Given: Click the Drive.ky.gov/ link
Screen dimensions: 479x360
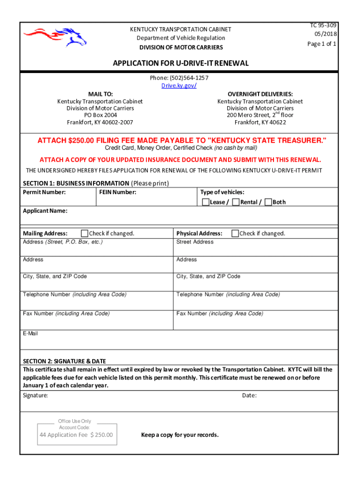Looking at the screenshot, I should coord(179,86).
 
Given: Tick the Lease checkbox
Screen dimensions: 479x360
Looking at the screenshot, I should coord(206,202).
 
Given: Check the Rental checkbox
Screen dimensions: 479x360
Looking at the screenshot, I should coord(236,202).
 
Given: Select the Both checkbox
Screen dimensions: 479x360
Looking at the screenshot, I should coord(268,202).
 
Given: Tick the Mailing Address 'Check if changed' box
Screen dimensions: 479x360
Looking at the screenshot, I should coord(85,233).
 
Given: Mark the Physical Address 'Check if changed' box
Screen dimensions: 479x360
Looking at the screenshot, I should coord(236,233).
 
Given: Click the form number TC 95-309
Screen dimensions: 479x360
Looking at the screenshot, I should coord(323,25).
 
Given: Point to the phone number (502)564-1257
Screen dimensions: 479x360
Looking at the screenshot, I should coord(179,78).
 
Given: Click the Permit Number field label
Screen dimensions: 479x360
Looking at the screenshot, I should coord(44,192).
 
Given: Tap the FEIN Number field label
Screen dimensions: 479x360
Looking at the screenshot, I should coord(118,192).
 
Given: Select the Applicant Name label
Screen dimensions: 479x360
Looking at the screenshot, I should coord(45,211).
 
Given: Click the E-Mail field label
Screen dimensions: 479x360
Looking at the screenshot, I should coord(30,334).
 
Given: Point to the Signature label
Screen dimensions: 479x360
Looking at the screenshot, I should coord(36,396).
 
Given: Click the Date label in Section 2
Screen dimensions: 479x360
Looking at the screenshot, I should coord(249,396).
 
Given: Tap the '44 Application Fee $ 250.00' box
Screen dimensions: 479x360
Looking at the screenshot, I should coord(77,435).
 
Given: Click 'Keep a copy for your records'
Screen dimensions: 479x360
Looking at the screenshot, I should coord(180,435).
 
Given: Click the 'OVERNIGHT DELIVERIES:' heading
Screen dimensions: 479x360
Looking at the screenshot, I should coord(260,94).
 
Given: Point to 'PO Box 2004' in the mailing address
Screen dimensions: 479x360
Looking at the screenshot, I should coord(100,115).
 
